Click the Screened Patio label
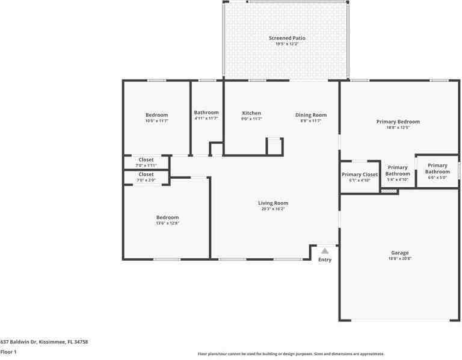pos(287,38)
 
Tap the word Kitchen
pos(251,113)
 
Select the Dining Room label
pos(311,115)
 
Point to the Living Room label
pos(273,203)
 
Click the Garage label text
pos(400,253)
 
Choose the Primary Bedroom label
pos(398,122)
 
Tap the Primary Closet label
pos(360,175)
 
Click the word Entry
pos(325,260)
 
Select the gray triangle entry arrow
pos(325,250)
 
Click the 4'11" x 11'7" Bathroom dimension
pos(206,119)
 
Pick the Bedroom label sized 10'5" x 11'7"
pos(156,115)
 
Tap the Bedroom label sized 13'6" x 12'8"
pos(167,217)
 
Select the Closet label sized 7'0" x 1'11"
pos(146,160)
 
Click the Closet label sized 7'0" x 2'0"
pos(146,175)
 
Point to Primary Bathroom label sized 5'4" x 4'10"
pos(398,170)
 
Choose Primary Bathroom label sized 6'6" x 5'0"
pos(437,169)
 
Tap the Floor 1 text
pos(8,352)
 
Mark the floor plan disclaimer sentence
pos(291,354)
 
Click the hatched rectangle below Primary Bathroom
pos(389,191)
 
